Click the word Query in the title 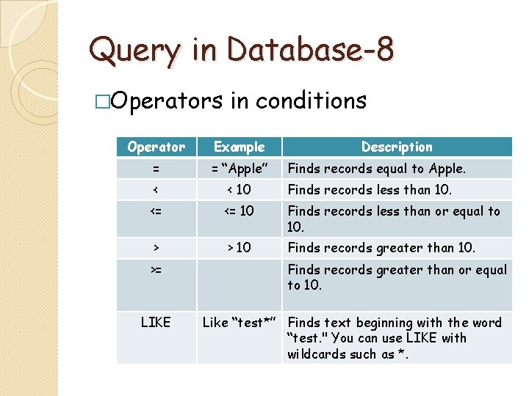(133, 51)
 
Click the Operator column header (156, 147)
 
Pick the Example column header (239, 147)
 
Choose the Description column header (397, 147)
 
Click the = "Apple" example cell (239, 169)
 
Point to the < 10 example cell (239, 190)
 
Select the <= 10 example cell (239, 211)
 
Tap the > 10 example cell (239, 248)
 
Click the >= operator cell (156, 270)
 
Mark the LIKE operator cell (156, 322)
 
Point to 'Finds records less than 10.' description (370, 190)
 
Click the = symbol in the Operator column (156, 169)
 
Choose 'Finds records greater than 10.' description (381, 248)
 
